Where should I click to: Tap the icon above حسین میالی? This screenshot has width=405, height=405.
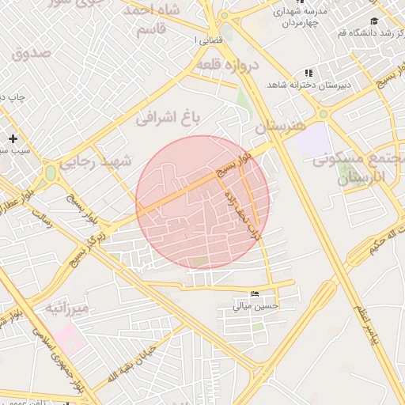(254, 293)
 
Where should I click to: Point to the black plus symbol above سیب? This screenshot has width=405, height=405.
(13, 138)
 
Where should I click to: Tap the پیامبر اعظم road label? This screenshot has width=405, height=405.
(361, 316)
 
